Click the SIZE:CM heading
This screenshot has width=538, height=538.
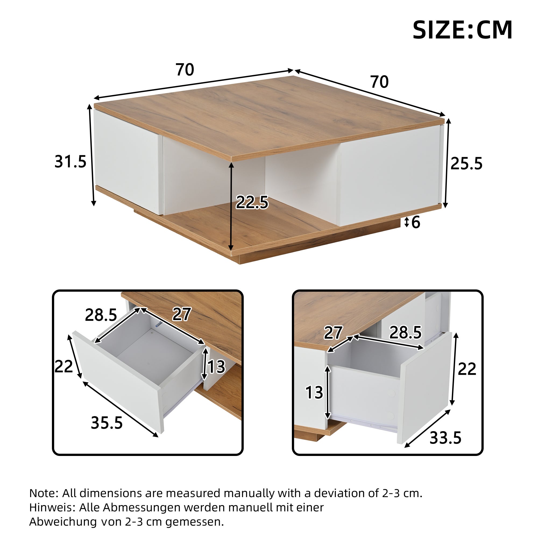(462, 30)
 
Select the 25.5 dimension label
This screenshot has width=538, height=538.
(466, 164)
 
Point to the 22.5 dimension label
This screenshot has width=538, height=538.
(252, 203)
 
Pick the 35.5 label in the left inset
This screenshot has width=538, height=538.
(107, 423)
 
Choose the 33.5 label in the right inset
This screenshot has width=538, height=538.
(445, 437)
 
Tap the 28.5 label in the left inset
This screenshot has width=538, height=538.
(101, 315)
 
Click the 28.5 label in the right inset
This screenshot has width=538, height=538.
(405, 332)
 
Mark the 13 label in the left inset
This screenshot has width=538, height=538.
(216, 367)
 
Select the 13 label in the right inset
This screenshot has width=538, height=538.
(314, 393)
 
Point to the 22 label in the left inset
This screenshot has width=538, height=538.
(63, 366)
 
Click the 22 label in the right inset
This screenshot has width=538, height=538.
(467, 369)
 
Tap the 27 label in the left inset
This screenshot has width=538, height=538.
(182, 314)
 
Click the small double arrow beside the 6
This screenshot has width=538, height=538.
(407, 222)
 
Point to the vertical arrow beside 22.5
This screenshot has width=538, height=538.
(231, 206)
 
